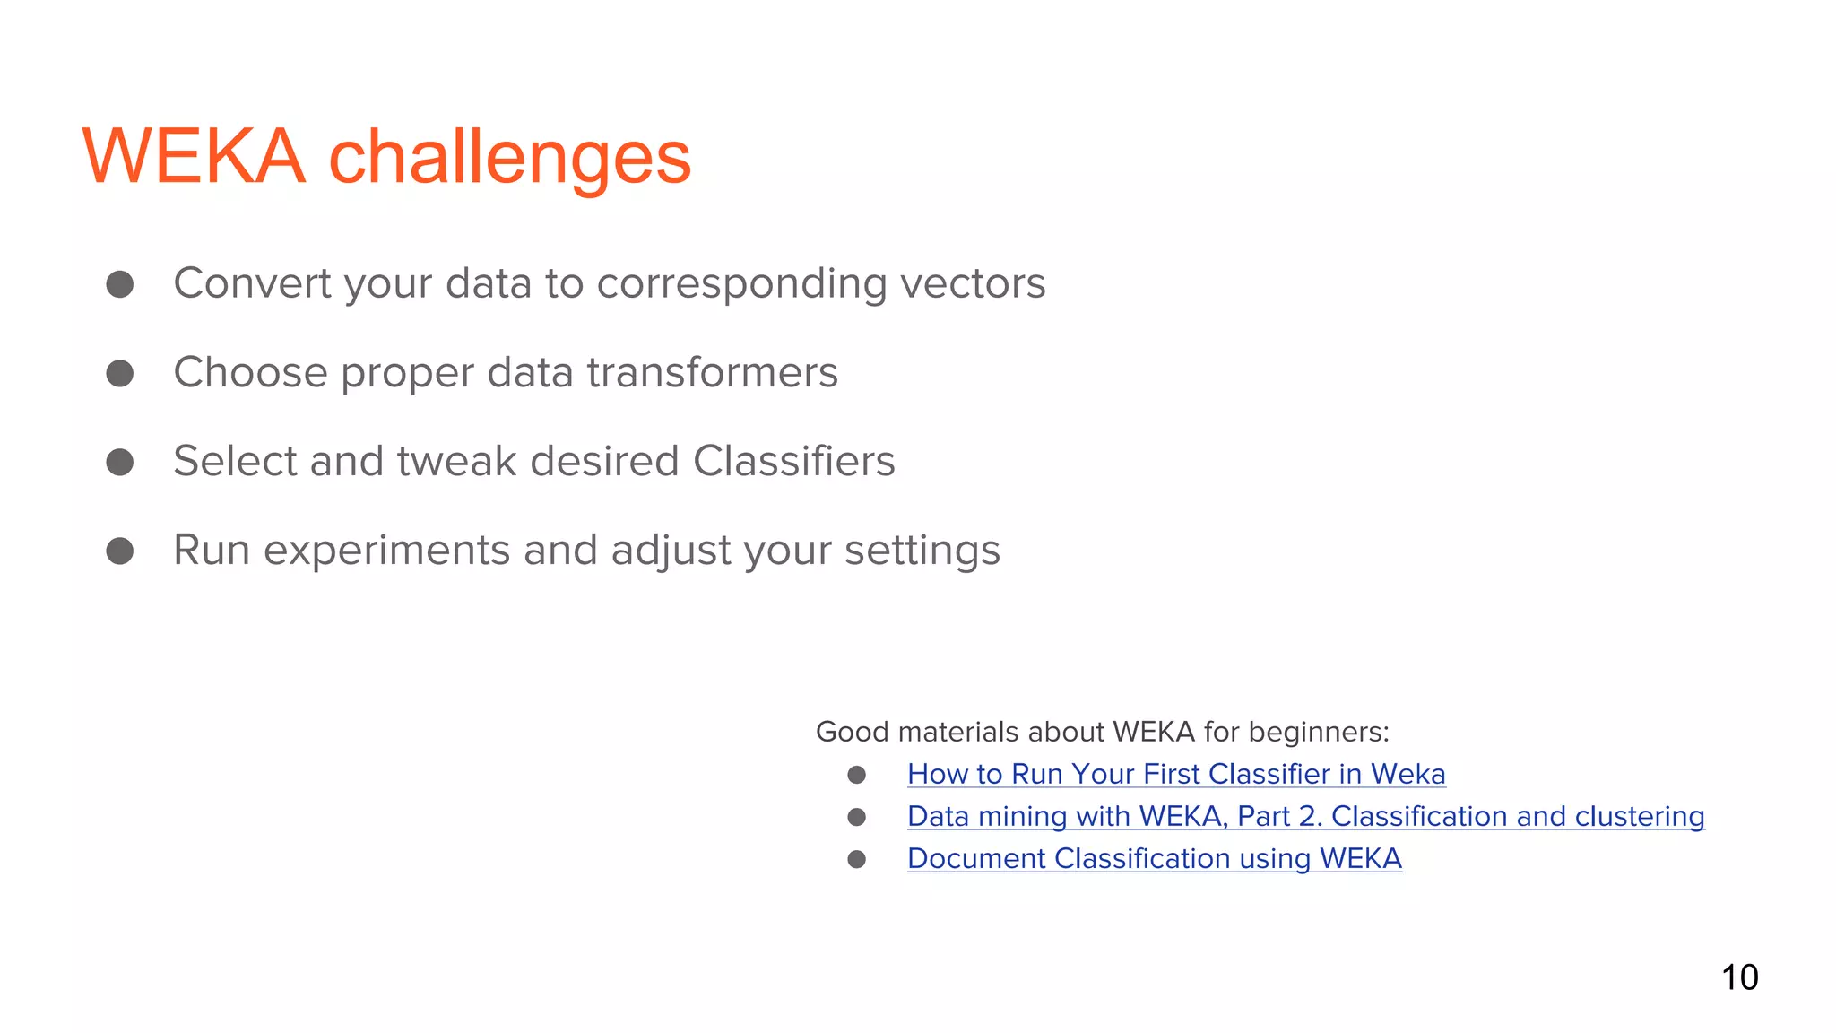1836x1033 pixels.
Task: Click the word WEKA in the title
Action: point(194,157)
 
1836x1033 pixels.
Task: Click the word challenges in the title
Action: point(509,159)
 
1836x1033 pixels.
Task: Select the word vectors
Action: point(972,283)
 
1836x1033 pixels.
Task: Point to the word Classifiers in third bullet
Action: point(793,461)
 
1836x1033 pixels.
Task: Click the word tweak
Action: point(456,461)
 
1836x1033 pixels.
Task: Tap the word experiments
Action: point(386,550)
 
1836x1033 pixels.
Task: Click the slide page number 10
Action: point(1739,977)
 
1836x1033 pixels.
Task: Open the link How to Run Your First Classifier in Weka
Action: point(1175,774)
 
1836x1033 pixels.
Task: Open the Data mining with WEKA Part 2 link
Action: point(1304,816)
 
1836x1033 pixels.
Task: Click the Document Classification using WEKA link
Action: point(1154,858)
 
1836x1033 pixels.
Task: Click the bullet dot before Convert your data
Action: point(120,284)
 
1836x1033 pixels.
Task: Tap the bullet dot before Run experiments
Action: point(120,551)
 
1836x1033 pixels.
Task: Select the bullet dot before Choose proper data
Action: point(120,373)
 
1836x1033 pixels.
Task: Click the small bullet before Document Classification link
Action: point(857,859)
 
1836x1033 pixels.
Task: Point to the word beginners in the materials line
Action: point(1318,732)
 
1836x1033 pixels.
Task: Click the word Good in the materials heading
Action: point(852,732)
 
